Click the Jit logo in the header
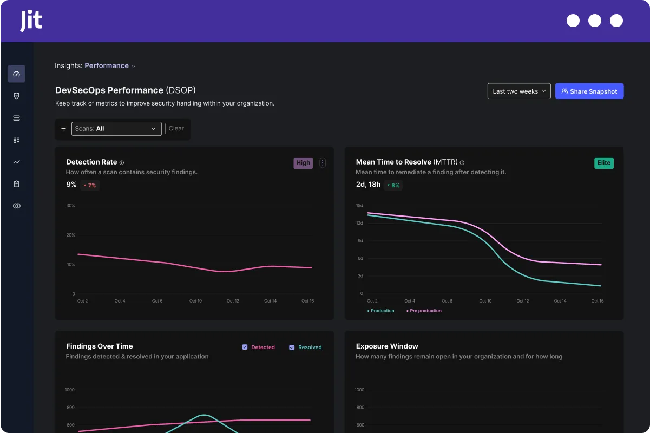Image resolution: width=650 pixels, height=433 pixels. [31, 21]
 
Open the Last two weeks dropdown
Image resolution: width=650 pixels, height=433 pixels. [518, 91]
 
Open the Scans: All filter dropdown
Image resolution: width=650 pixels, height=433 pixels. [116, 129]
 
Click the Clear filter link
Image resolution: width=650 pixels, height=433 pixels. [176, 129]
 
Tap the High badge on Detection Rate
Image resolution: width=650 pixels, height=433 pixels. [303, 163]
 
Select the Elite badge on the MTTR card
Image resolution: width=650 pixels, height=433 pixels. [603, 163]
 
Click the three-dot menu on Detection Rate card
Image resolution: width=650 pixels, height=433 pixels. [323, 163]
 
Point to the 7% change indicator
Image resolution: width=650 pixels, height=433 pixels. [90, 185]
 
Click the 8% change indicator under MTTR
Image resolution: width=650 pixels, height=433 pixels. [393, 185]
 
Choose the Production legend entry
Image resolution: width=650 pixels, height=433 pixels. [382, 311]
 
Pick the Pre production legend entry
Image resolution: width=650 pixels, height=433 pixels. [425, 311]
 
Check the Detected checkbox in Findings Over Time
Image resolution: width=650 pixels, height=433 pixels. [245, 347]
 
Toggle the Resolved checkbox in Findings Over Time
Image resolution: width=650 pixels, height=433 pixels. [292, 347]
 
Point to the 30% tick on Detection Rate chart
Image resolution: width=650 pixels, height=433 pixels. [70, 206]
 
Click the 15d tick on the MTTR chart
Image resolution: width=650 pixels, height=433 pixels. [359, 206]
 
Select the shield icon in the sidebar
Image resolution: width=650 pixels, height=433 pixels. [16, 96]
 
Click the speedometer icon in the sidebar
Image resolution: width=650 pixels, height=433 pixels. [16, 74]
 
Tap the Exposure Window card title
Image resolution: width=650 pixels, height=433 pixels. [386, 346]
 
